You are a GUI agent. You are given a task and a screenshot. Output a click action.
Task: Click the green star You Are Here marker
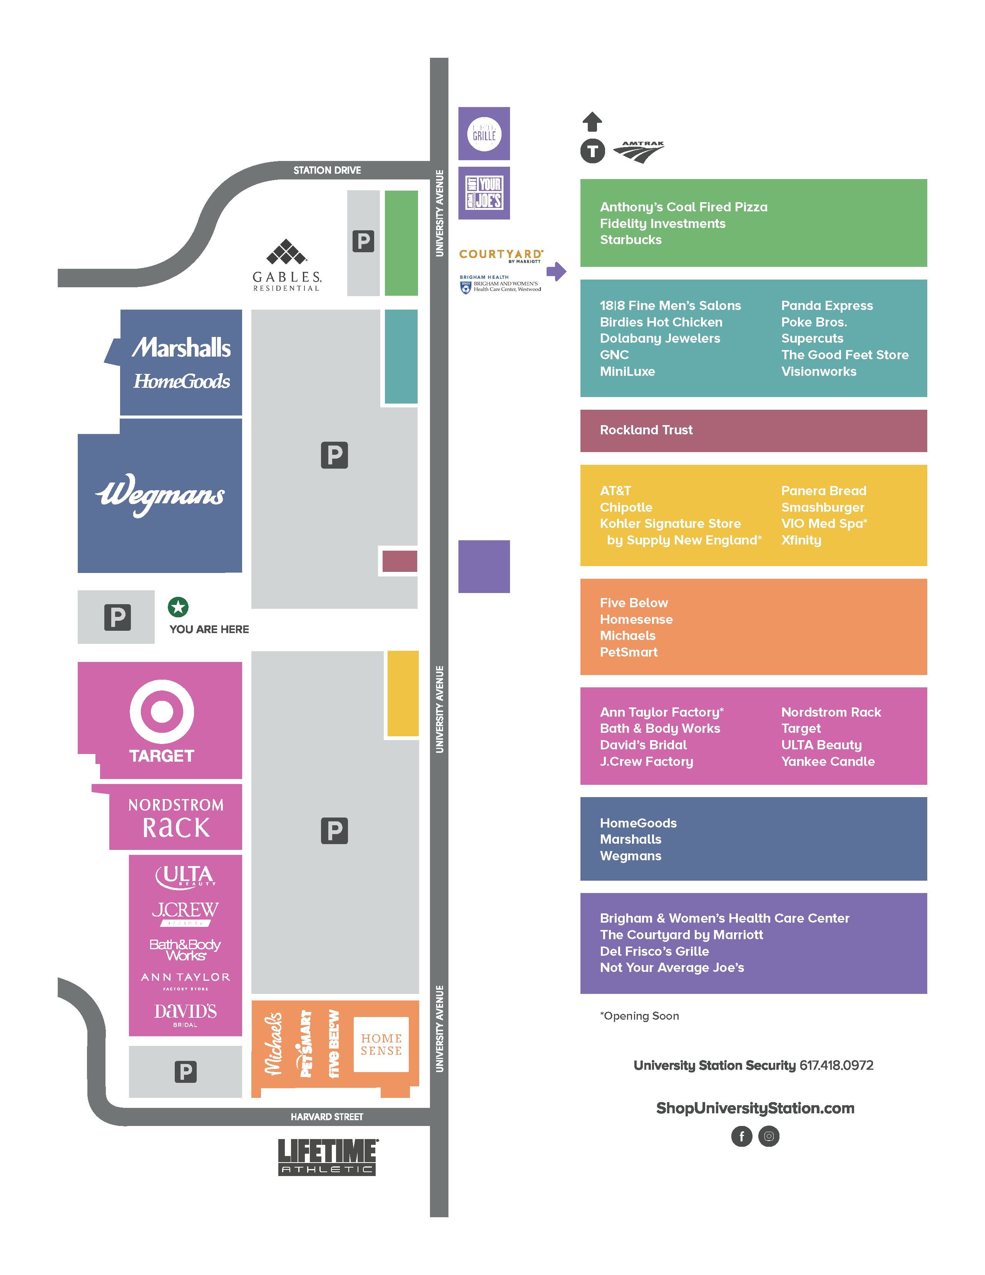pyautogui.click(x=178, y=607)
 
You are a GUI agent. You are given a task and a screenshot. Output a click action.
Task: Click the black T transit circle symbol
pyautogui.click(x=592, y=152)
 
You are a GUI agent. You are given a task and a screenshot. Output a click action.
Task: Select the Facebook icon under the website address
pyautogui.click(x=742, y=1136)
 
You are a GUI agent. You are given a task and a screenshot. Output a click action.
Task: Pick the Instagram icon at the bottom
pyautogui.click(x=769, y=1136)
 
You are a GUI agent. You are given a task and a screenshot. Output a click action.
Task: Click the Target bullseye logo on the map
pyautogui.click(x=162, y=712)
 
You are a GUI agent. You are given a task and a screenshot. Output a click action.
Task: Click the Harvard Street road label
pyautogui.click(x=327, y=1117)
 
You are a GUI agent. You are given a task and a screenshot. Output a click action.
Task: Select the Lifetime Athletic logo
pyautogui.click(x=327, y=1156)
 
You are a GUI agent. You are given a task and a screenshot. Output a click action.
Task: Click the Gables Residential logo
pyautogui.click(x=286, y=266)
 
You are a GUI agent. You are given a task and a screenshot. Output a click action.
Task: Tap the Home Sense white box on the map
pyautogui.click(x=381, y=1044)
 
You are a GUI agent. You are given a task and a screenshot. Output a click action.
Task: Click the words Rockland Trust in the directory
pyautogui.click(x=646, y=430)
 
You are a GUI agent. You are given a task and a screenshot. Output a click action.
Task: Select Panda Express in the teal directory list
pyautogui.click(x=827, y=306)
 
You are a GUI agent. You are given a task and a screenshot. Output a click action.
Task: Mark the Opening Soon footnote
pyautogui.click(x=640, y=1016)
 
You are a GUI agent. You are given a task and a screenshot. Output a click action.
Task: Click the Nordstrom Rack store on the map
pyautogui.click(x=176, y=817)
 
